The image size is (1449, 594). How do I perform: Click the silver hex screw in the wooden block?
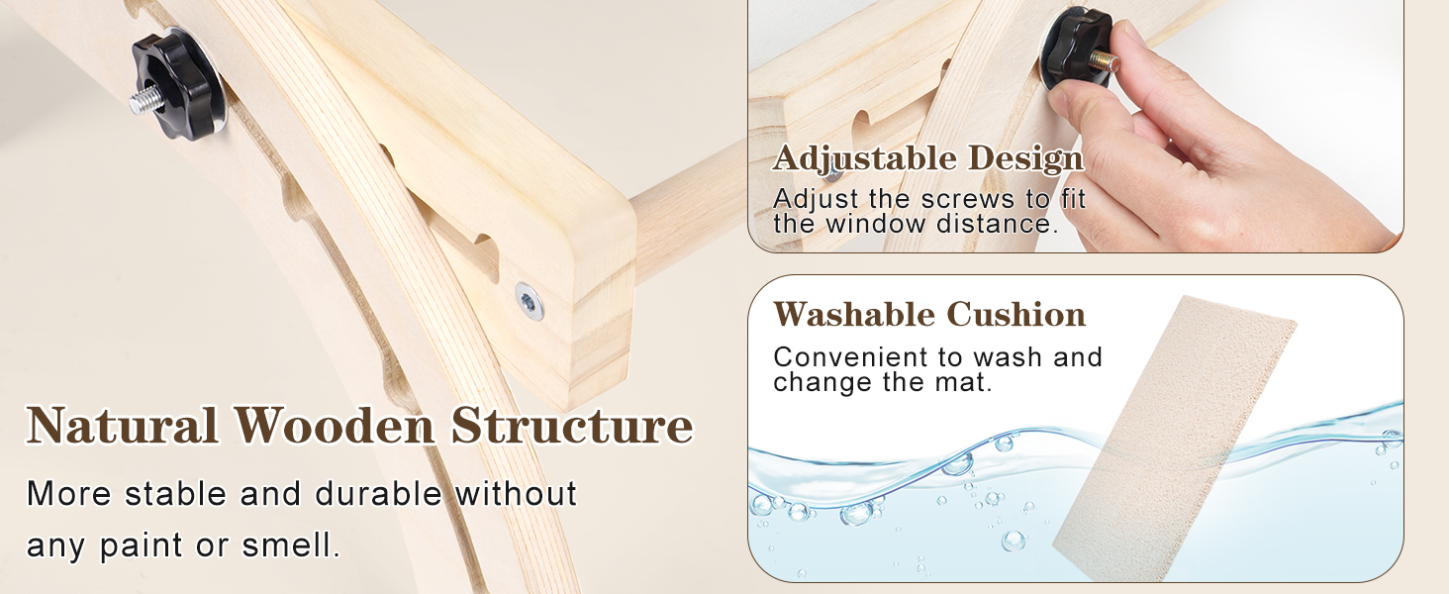point(530,301)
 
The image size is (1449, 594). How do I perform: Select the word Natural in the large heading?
point(123,426)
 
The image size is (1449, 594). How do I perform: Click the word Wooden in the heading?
point(334,426)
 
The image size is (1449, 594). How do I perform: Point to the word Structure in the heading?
point(572,426)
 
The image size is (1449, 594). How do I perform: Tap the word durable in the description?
point(378,494)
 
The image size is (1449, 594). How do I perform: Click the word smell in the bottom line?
point(290,544)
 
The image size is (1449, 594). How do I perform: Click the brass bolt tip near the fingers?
point(1104,60)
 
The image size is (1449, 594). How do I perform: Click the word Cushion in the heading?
point(1016,315)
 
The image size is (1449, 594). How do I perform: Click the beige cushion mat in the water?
point(1174,438)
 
